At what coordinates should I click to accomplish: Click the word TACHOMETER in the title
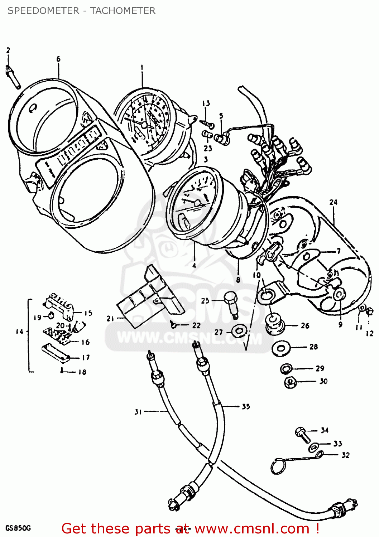(x=123, y=11)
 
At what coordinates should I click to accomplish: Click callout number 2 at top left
(x=8, y=50)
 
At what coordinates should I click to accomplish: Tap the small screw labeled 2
(x=13, y=77)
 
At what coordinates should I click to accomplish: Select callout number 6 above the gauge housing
(x=58, y=59)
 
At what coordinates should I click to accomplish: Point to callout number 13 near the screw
(x=206, y=103)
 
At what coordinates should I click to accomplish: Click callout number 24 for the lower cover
(x=333, y=202)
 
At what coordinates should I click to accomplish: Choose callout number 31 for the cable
(x=138, y=412)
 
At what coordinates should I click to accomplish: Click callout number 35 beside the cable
(x=245, y=407)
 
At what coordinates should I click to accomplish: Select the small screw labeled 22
(x=174, y=325)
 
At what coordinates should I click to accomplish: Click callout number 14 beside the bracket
(x=19, y=332)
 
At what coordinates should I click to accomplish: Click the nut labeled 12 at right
(x=368, y=311)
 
